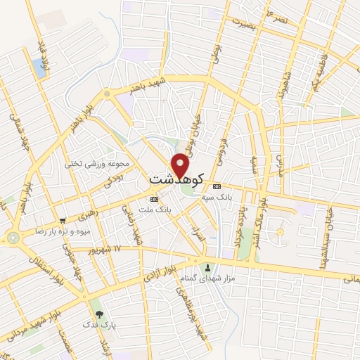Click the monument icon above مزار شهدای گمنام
[x=207, y=267]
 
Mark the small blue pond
[x=38, y=67]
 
